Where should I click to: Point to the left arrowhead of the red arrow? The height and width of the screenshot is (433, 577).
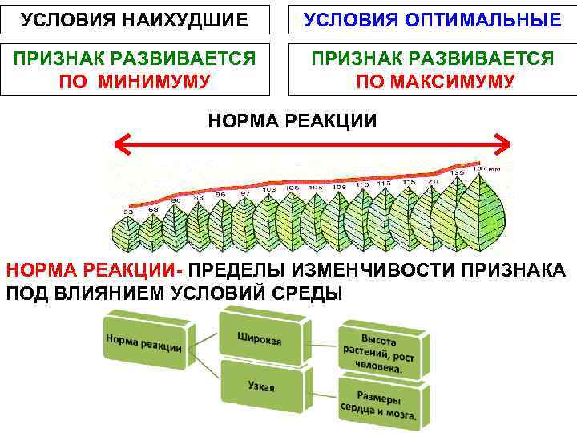[x=120, y=145]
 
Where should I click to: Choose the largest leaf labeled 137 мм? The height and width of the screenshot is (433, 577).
[x=484, y=210]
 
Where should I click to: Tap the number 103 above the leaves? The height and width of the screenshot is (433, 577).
[x=270, y=189]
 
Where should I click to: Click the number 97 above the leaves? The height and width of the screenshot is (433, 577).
[x=245, y=193]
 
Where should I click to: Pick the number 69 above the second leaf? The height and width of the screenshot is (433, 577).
[x=153, y=208]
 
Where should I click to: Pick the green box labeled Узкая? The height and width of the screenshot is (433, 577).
[x=260, y=386]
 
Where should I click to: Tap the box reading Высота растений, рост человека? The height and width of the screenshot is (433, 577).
[x=380, y=351]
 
